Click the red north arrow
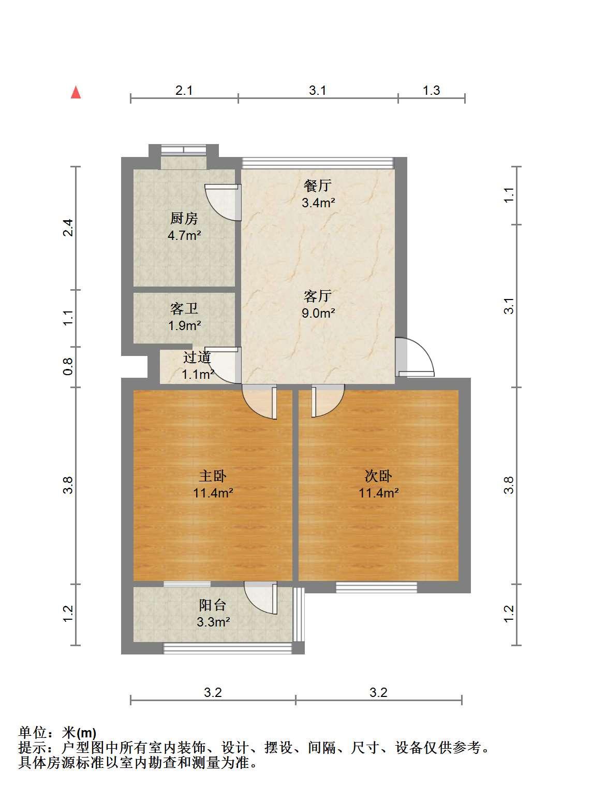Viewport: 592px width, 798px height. (76, 92)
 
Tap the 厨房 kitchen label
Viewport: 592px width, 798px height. (184, 218)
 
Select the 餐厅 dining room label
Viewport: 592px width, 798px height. (318, 186)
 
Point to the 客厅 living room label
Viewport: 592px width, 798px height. (318, 296)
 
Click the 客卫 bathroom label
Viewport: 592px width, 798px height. (184, 309)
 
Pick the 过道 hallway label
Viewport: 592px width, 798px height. (197, 358)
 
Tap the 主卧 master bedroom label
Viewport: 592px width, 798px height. (213, 476)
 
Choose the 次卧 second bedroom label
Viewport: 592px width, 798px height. (378, 476)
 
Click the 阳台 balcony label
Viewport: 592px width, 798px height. (213, 606)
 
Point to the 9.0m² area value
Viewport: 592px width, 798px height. (318, 313)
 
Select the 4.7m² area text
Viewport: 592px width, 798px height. (184, 236)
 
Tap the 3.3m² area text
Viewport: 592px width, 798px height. (214, 622)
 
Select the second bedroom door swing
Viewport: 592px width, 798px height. (328, 401)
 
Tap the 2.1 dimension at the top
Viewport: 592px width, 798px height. (184, 90)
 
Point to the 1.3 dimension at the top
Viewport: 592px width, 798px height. (432, 90)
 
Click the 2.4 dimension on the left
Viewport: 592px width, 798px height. (68, 228)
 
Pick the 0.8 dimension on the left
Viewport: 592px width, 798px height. (68, 367)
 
